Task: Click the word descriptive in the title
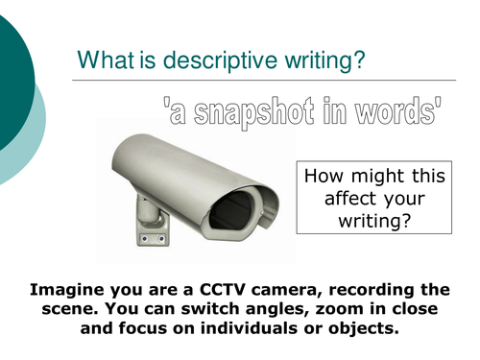pyautogui.click(x=220, y=60)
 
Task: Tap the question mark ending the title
pyautogui.click(x=358, y=60)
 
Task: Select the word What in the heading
pyautogui.click(x=106, y=60)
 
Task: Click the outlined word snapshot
pyautogui.click(x=253, y=112)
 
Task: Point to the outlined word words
pyautogui.click(x=395, y=110)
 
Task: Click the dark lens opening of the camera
pyautogui.click(x=231, y=210)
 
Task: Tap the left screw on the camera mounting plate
pyautogui.click(x=145, y=238)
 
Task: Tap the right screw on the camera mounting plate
pyautogui.click(x=161, y=238)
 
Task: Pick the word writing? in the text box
pyautogui.click(x=374, y=221)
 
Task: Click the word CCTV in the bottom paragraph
pyautogui.click(x=223, y=289)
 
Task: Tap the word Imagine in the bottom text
pyautogui.click(x=67, y=290)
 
